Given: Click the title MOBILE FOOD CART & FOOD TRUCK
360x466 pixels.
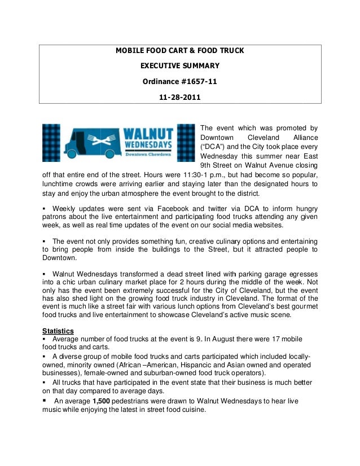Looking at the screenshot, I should [179, 51].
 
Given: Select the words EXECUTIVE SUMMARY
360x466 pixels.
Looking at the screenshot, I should [179, 66].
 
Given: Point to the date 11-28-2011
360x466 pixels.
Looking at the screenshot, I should [179, 96].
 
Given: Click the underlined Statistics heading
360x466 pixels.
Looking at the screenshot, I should [58, 330].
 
